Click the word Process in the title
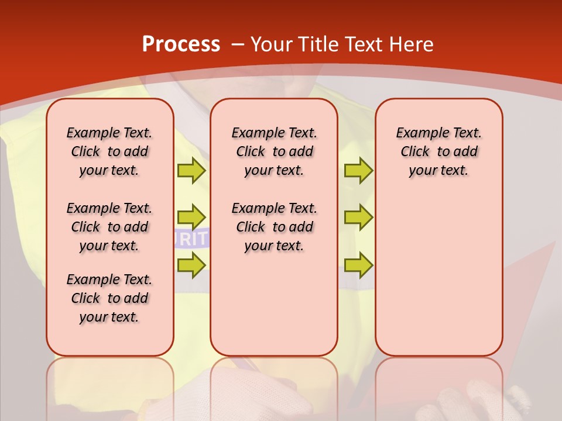coord(181,44)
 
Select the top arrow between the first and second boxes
coord(191,171)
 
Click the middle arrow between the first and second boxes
coord(191,218)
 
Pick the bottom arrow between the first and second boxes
coord(191,265)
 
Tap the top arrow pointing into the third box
coord(358,171)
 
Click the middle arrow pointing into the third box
coord(358,218)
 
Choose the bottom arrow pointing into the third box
coord(358,265)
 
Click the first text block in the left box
coord(109,151)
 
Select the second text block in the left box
coord(109,227)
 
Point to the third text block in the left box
coord(109,298)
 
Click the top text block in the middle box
coord(274,151)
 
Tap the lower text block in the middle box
coord(274,227)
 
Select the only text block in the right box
coord(438,151)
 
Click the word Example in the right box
coord(418,133)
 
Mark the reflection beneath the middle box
coord(274,386)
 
